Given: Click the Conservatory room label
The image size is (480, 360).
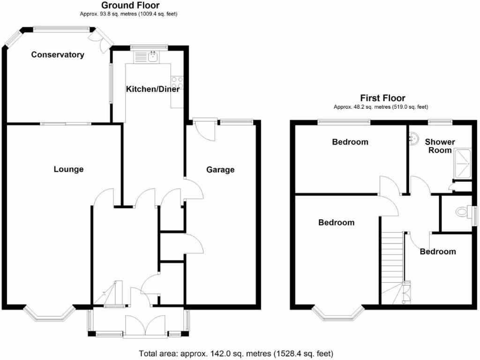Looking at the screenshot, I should pos(58,55).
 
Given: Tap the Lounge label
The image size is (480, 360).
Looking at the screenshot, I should pos(68,169).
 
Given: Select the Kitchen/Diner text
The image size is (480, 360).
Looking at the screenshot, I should pos(153,89).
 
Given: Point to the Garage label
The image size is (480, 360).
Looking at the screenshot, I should pos(220,170).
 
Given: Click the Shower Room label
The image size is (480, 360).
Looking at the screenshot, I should pos(440,146).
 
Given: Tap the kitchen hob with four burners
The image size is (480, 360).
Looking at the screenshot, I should pos(177,82).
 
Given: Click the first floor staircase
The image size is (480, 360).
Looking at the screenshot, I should pos(393,262).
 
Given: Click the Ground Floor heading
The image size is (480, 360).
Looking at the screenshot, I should pos(130,6).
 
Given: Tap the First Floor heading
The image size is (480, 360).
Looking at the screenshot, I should pos(382,98).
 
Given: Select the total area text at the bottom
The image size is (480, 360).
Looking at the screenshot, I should pos(236,353).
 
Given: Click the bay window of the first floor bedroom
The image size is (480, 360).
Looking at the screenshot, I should pos(338,316).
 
